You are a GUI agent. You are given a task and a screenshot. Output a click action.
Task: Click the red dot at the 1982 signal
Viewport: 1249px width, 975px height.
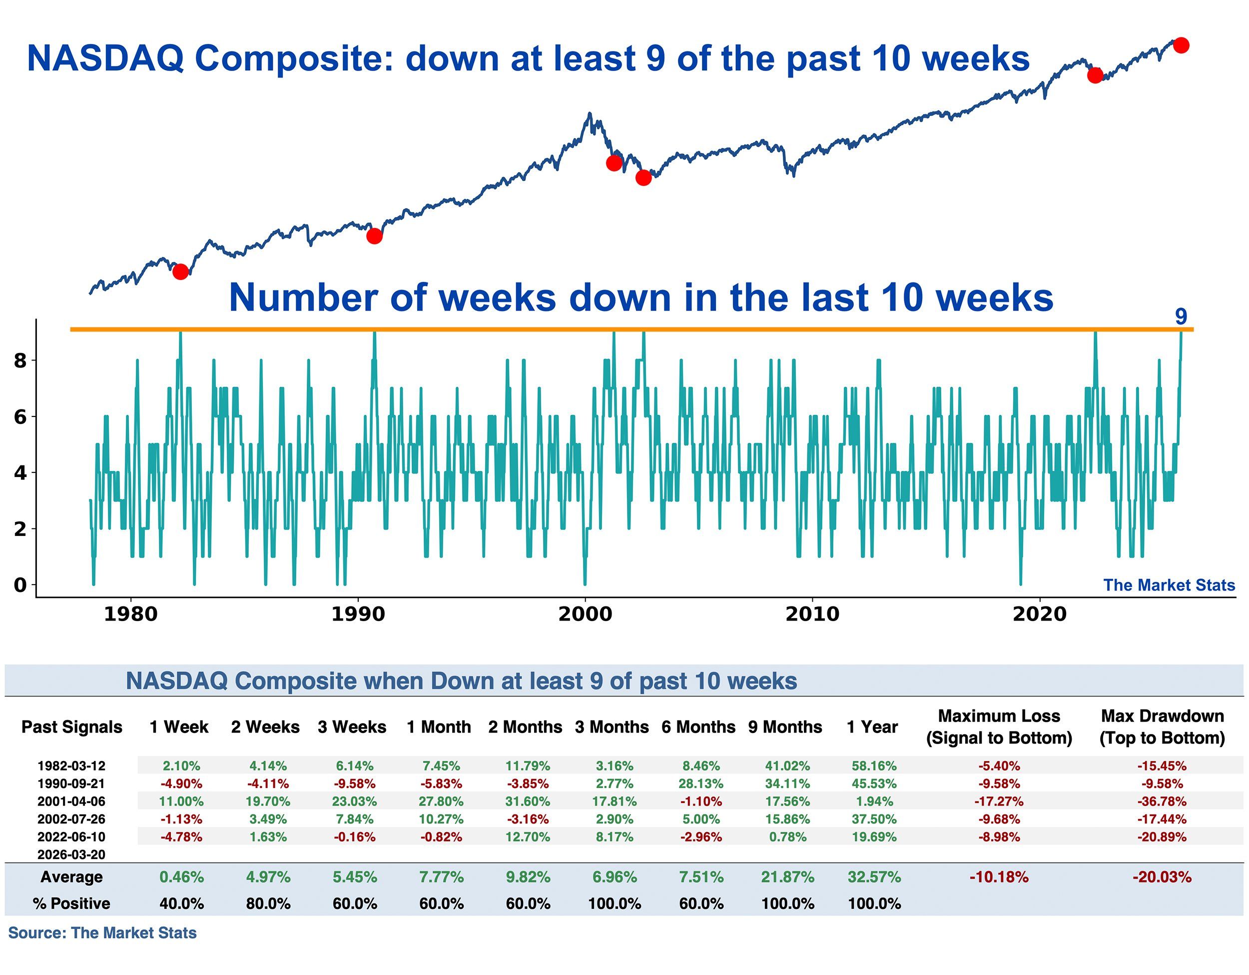point(180,271)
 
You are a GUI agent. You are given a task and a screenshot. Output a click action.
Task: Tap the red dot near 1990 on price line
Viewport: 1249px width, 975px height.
point(374,235)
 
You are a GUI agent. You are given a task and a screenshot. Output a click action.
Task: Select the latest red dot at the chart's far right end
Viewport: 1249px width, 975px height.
point(1181,45)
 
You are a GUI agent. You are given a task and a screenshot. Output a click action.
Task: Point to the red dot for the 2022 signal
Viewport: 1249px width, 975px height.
point(1095,75)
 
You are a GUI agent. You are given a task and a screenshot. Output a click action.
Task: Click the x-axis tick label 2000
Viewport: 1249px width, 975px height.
point(585,614)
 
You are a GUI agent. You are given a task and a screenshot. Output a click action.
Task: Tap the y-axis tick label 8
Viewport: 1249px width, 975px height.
point(20,360)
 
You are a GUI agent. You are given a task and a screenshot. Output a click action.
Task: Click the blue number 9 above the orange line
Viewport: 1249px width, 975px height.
point(1181,316)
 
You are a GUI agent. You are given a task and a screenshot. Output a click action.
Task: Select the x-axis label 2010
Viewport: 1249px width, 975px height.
point(812,614)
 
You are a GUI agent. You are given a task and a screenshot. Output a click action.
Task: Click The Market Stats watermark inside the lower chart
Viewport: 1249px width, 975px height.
point(1169,585)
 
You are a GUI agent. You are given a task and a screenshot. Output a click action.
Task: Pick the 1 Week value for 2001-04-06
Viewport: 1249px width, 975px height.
point(181,801)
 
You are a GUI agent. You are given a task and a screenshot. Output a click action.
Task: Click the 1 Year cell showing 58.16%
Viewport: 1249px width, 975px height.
point(874,765)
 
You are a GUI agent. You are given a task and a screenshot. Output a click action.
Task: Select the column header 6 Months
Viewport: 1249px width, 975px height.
point(698,726)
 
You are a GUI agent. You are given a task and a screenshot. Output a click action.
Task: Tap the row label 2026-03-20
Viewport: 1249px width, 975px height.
point(71,854)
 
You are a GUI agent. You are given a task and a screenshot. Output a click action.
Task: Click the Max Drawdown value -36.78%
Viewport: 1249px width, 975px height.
point(1162,801)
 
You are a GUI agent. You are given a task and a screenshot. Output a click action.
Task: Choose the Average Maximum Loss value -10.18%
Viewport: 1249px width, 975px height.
point(999,876)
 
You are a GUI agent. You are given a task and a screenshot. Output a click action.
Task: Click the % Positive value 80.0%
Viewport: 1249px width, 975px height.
point(268,903)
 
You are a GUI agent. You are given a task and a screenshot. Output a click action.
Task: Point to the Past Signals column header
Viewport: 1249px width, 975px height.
point(71,726)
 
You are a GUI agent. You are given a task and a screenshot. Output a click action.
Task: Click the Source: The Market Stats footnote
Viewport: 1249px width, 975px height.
point(102,932)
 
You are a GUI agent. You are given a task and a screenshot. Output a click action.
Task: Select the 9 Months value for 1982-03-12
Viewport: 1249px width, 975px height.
point(787,765)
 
